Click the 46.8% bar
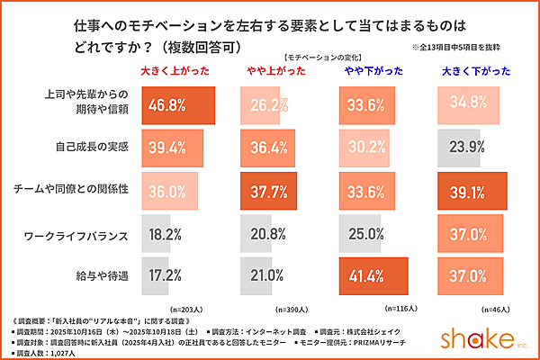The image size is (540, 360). click(x=176, y=104)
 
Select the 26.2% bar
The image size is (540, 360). click(x=265, y=104)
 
